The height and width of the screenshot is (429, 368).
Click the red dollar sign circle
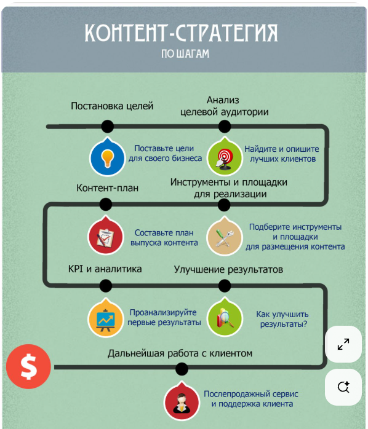click(28, 366)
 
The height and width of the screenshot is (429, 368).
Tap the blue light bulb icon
click(107, 157)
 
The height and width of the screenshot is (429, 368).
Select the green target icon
click(225, 157)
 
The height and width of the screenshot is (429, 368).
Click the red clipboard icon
click(105, 237)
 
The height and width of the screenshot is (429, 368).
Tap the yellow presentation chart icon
click(105, 318)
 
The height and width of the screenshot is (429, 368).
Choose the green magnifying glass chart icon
click(225, 318)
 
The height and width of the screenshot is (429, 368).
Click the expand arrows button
click(343, 344)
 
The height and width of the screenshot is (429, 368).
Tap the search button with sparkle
click(343, 387)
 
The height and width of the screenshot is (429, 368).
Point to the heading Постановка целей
click(112, 106)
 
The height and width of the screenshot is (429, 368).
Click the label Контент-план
click(108, 188)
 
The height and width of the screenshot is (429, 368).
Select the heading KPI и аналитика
click(105, 269)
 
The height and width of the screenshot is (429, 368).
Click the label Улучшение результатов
click(228, 270)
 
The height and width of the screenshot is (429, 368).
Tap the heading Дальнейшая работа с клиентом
click(180, 353)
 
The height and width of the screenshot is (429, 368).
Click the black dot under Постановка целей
click(108, 127)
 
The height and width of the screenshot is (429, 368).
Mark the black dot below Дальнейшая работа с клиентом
click(182, 369)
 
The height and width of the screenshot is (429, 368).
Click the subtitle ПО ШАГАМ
click(185, 53)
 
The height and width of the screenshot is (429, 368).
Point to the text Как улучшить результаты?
click(283, 319)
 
